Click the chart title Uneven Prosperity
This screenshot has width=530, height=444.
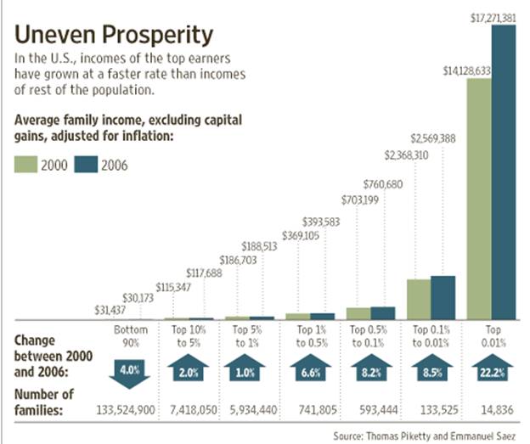(114, 35)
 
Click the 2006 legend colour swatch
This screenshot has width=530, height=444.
(84, 165)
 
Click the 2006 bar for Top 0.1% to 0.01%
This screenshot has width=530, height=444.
(443, 297)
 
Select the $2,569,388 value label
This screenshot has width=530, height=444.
(433, 138)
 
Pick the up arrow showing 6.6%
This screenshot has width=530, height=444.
(309, 368)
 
